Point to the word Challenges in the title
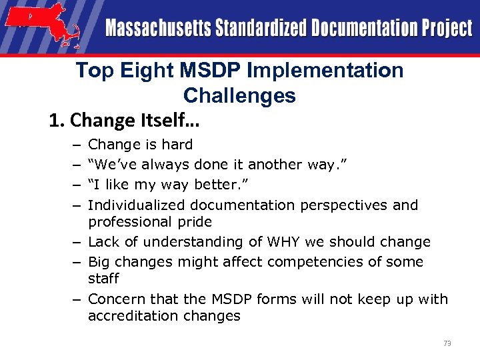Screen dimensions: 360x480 pyautogui.click(x=239, y=95)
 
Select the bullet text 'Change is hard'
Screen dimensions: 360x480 pyautogui.click(x=140, y=145)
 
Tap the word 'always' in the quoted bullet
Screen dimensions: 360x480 pyautogui.click(x=165, y=165)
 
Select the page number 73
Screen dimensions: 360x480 pyautogui.click(x=447, y=343)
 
